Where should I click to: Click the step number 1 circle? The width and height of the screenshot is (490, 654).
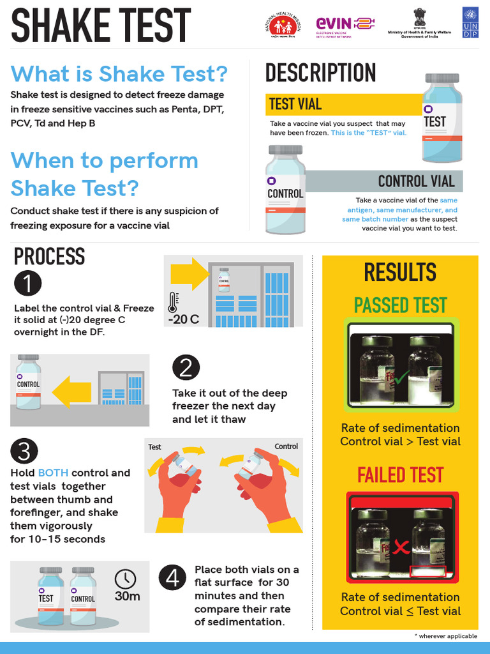tap(27, 284)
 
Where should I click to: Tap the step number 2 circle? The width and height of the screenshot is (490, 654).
tap(186, 367)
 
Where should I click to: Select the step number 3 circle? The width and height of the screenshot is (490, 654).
tap(24, 452)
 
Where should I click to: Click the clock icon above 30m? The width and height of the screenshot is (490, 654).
tap(125, 579)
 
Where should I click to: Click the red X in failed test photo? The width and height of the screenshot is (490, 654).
tap(401, 547)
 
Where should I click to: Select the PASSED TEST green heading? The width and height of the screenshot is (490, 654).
tap(400, 305)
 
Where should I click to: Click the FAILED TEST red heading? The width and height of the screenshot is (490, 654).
tap(400, 475)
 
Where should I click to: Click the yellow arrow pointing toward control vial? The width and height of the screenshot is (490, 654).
tap(71, 391)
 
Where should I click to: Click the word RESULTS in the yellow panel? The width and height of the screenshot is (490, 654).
tap(400, 273)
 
